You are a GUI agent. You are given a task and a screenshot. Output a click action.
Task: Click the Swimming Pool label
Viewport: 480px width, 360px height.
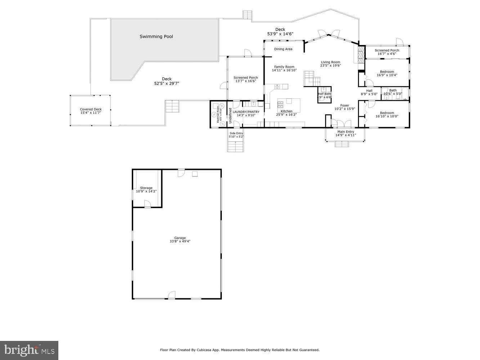[156, 36]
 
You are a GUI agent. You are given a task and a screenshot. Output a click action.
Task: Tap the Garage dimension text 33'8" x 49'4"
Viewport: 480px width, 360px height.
[180, 242]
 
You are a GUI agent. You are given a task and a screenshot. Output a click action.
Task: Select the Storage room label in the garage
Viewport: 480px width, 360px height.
[146, 188]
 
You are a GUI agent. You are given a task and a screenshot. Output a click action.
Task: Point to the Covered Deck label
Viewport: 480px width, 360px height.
[91, 109]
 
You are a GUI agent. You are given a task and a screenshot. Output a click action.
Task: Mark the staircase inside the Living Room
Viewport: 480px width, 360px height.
[310, 78]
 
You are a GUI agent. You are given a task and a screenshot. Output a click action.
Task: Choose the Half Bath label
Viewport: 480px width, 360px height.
[324, 94]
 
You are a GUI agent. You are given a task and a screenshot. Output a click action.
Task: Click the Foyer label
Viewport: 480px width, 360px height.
[345, 105]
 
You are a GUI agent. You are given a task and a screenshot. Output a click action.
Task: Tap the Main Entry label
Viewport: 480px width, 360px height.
[345, 132]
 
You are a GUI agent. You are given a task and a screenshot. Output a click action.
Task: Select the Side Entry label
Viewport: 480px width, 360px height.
[236, 133]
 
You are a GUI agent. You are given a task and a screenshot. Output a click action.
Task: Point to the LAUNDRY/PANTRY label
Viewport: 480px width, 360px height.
[246, 112]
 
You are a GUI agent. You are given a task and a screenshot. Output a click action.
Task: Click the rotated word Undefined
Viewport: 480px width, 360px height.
[230, 116]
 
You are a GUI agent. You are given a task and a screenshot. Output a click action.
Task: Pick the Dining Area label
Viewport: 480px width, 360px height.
[283, 49]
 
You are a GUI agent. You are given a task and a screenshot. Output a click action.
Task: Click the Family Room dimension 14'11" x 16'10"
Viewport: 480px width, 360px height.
[284, 71]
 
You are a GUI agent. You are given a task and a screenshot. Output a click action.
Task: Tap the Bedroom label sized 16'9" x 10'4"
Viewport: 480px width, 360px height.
[387, 72]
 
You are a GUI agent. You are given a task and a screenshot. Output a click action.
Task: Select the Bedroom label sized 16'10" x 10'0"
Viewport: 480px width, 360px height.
[387, 113]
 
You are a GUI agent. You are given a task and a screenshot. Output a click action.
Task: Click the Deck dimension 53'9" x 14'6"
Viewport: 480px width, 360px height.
[280, 34]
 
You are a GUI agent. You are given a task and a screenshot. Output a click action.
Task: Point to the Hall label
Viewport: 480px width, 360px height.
[369, 91]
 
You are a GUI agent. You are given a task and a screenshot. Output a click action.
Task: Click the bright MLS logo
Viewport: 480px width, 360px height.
[29, 350]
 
